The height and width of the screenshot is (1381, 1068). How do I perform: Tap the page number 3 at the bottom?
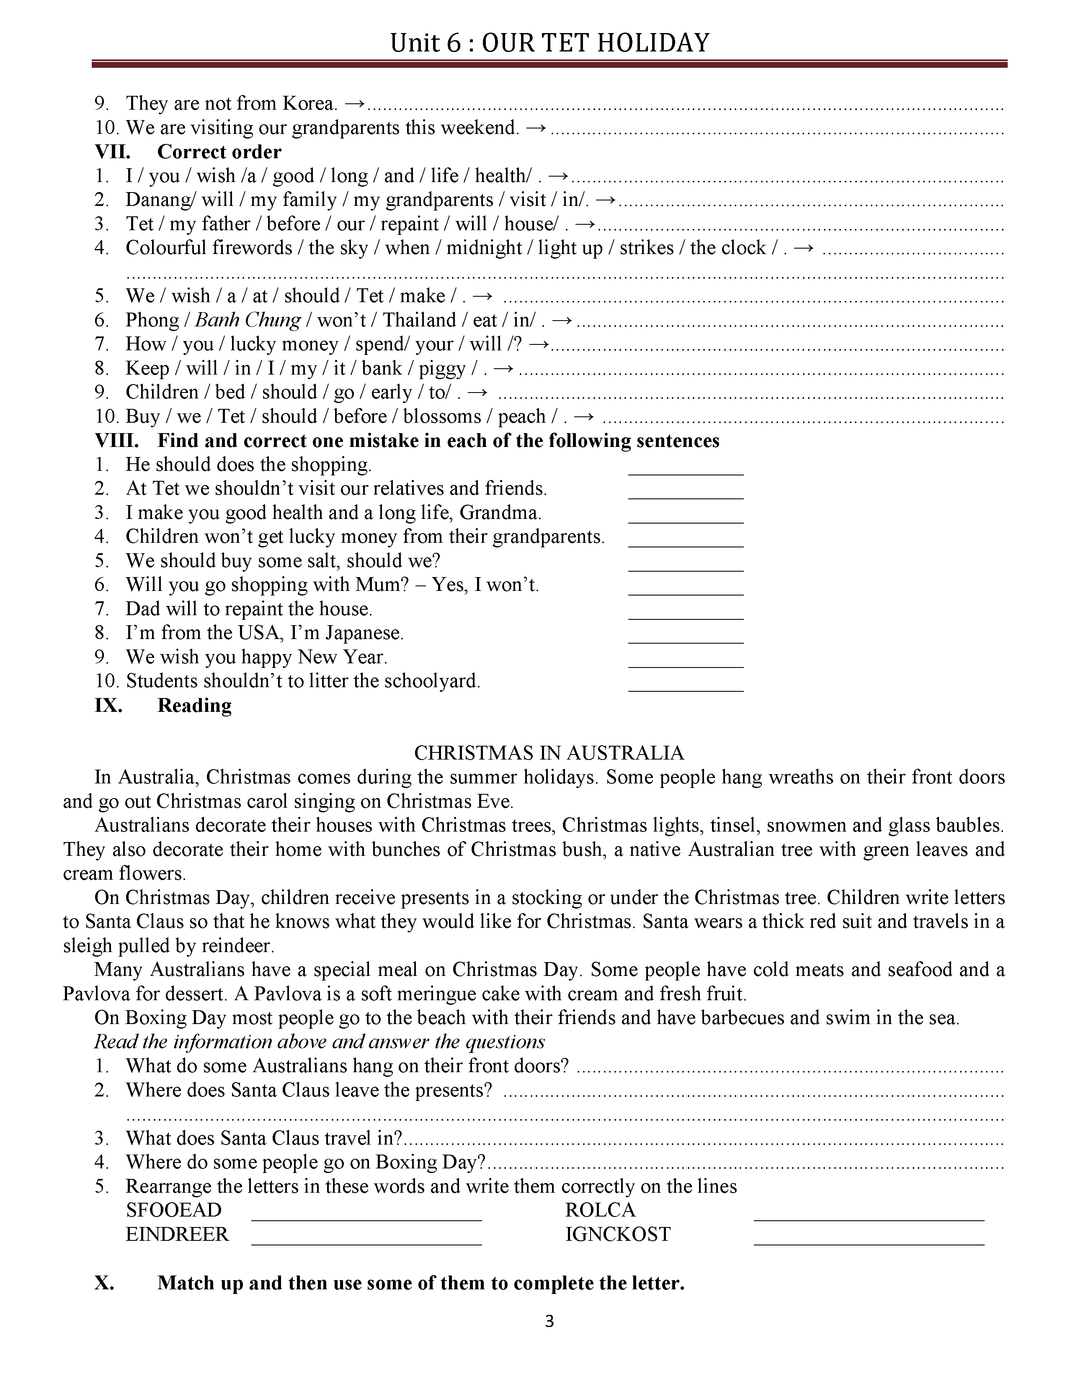(x=549, y=1339)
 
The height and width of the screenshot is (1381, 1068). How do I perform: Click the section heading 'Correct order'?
(x=219, y=152)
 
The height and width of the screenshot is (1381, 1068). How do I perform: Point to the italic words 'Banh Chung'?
(x=248, y=320)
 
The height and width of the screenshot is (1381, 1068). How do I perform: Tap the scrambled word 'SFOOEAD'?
(x=173, y=1210)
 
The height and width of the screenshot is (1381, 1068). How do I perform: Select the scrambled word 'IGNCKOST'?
(x=617, y=1234)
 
